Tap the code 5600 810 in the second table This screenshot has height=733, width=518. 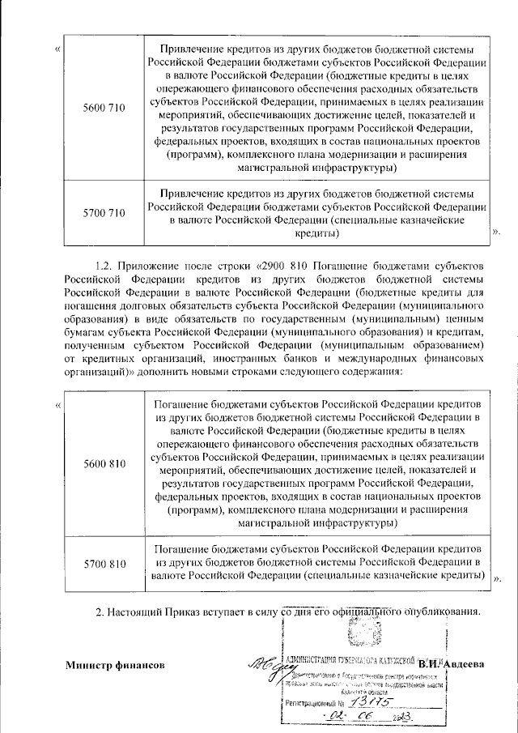[104, 463]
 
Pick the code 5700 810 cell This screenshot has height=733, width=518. [104, 563]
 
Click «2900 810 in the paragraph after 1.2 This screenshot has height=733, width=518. [278, 266]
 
